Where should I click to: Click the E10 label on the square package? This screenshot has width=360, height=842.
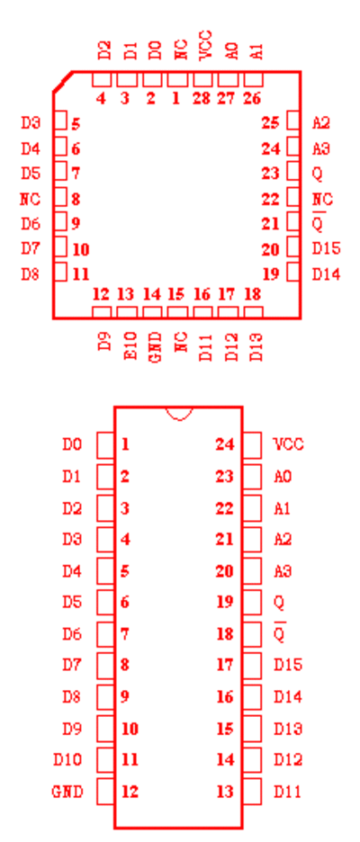point(131,347)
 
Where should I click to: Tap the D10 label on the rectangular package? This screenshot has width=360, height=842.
point(67,760)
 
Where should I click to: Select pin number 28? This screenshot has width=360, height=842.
point(202,99)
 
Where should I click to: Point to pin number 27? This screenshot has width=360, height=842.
point(227,99)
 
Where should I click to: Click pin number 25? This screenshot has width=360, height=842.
point(271,123)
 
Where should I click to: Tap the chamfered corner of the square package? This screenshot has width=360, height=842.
point(62,82)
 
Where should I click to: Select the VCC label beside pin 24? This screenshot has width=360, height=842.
point(289,444)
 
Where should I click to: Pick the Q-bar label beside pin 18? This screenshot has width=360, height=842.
point(279,632)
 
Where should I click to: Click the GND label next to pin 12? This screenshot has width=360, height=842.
point(67,792)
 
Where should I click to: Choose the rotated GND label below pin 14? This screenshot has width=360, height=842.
point(154,347)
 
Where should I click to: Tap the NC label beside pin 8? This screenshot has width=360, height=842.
point(30,199)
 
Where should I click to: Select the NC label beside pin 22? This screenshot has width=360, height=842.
point(322,199)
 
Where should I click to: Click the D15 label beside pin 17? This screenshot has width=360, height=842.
point(289,665)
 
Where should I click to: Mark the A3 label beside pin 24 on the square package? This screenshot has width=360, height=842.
point(321,148)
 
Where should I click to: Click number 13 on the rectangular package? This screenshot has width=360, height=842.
point(225,792)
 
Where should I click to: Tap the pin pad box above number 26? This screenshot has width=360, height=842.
point(254,80)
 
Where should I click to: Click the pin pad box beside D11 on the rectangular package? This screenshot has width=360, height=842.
point(252,792)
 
